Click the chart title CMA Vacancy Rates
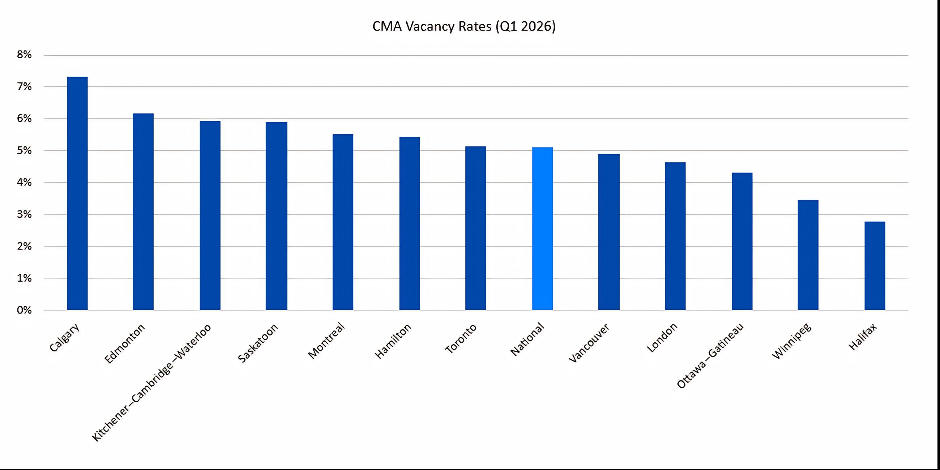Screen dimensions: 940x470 [x=463, y=27]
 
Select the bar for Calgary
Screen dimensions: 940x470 [x=77, y=193]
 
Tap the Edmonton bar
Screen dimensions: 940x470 [x=143, y=211]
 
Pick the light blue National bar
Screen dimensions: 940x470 [x=542, y=229]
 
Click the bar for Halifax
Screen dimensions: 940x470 [x=875, y=266]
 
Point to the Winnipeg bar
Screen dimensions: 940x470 [x=808, y=255]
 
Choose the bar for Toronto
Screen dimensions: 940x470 [x=475, y=228]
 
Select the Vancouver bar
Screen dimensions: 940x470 [x=609, y=232]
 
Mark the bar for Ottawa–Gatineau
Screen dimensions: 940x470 [x=742, y=241]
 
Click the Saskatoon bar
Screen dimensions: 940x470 [x=276, y=216]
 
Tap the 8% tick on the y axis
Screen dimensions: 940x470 [x=24, y=55]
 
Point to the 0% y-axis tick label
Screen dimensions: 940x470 [x=24, y=310]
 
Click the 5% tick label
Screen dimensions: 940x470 [x=24, y=150]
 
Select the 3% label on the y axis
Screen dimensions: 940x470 [x=24, y=214]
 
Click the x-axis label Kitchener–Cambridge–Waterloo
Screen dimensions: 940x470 [x=151, y=383]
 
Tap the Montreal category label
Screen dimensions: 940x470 [x=326, y=341]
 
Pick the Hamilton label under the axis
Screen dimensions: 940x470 [x=393, y=341]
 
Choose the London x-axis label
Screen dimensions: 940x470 [x=662, y=338]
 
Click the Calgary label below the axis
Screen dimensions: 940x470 [x=64, y=338]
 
